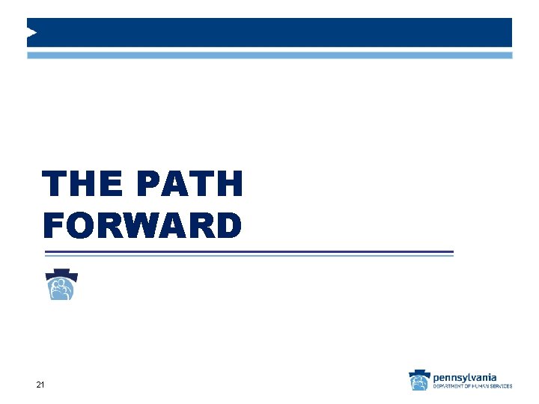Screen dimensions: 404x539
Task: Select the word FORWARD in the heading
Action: pyautogui.click(x=142, y=225)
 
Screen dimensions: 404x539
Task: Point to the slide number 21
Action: pyautogui.click(x=40, y=385)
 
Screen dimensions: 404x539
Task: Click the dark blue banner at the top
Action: pyautogui.click(x=269, y=32)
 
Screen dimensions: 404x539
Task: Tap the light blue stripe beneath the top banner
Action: pyautogui.click(x=269, y=55)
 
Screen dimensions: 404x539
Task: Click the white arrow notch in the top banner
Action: pyautogui.click(x=31, y=32)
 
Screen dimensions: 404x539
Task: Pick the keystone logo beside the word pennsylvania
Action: pyautogui.click(x=419, y=381)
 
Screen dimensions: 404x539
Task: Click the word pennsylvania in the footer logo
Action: pyautogui.click(x=464, y=377)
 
